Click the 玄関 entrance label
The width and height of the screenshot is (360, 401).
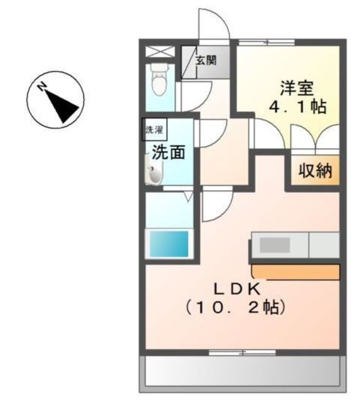[x=206, y=60]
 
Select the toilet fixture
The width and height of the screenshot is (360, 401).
[x=160, y=80]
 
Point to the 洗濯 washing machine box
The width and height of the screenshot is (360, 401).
[x=155, y=129]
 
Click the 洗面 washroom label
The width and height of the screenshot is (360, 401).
[x=169, y=152]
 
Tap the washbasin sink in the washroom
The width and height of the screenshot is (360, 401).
[x=154, y=170]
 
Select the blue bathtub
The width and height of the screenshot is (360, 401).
[x=169, y=244]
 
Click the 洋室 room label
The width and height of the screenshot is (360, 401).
[x=297, y=88]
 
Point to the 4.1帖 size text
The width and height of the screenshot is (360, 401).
[x=297, y=107]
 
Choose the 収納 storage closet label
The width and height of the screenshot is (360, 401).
[x=315, y=170]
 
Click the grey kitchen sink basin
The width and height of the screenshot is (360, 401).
[x=275, y=245]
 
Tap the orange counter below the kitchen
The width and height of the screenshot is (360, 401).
[x=296, y=272]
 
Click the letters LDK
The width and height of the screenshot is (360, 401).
[x=237, y=289]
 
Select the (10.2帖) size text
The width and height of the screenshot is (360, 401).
[x=235, y=307]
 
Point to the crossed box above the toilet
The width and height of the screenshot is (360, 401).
[x=160, y=51]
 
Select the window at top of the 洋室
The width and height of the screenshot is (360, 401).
[x=267, y=42]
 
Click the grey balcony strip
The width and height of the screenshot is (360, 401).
[x=243, y=372]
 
